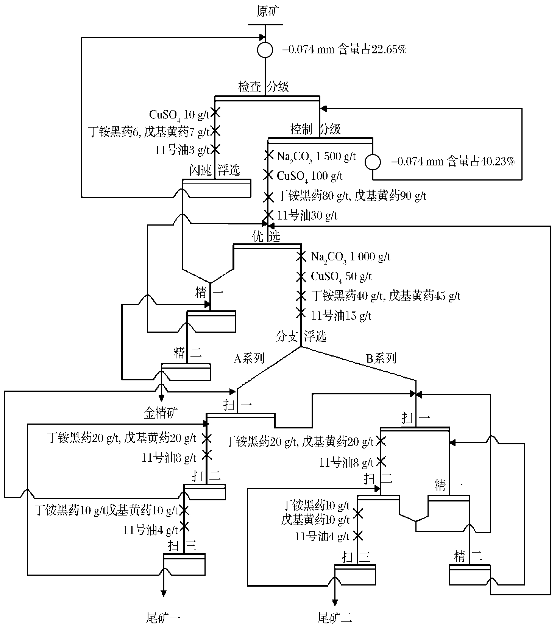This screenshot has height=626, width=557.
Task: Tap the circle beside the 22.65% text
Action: [265, 50]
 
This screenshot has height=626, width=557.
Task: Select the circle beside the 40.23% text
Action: [373, 162]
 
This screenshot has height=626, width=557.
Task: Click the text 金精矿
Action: [161, 413]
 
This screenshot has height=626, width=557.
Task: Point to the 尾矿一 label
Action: [163, 618]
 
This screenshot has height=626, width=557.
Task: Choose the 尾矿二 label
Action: [335, 618]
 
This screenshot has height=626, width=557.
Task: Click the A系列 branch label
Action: [249, 358]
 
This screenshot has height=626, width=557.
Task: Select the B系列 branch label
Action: [381, 358]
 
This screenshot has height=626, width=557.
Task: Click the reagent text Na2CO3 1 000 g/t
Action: [350, 257]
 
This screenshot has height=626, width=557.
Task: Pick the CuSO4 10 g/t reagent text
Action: [179, 114]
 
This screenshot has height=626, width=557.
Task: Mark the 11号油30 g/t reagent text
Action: [307, 216]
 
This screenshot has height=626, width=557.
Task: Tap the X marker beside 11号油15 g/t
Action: [301, 313]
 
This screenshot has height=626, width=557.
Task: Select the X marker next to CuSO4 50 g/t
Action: [301, 276]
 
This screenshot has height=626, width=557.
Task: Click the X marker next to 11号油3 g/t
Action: [215, 149]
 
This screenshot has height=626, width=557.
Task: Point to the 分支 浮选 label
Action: [301, 336]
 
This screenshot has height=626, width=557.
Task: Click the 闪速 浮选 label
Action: [215, 170]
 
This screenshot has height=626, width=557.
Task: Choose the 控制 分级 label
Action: [315, 129]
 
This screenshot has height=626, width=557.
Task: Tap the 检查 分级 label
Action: [264, 87]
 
